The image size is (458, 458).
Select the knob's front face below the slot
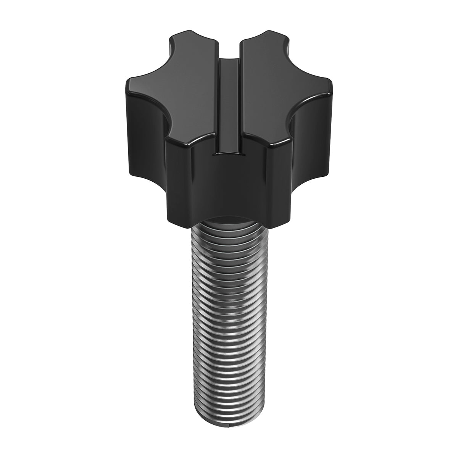click(x=229, y=187)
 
